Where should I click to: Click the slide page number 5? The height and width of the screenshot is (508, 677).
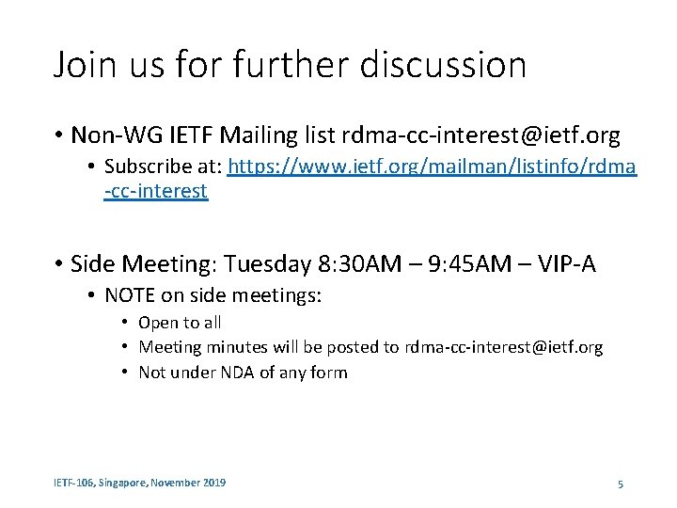[621, 484]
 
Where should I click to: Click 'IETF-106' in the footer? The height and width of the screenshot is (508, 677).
[73, 483]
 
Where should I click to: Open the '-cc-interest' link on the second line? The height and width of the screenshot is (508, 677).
[156, 192]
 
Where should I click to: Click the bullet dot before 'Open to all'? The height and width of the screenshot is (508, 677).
[124, 323]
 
